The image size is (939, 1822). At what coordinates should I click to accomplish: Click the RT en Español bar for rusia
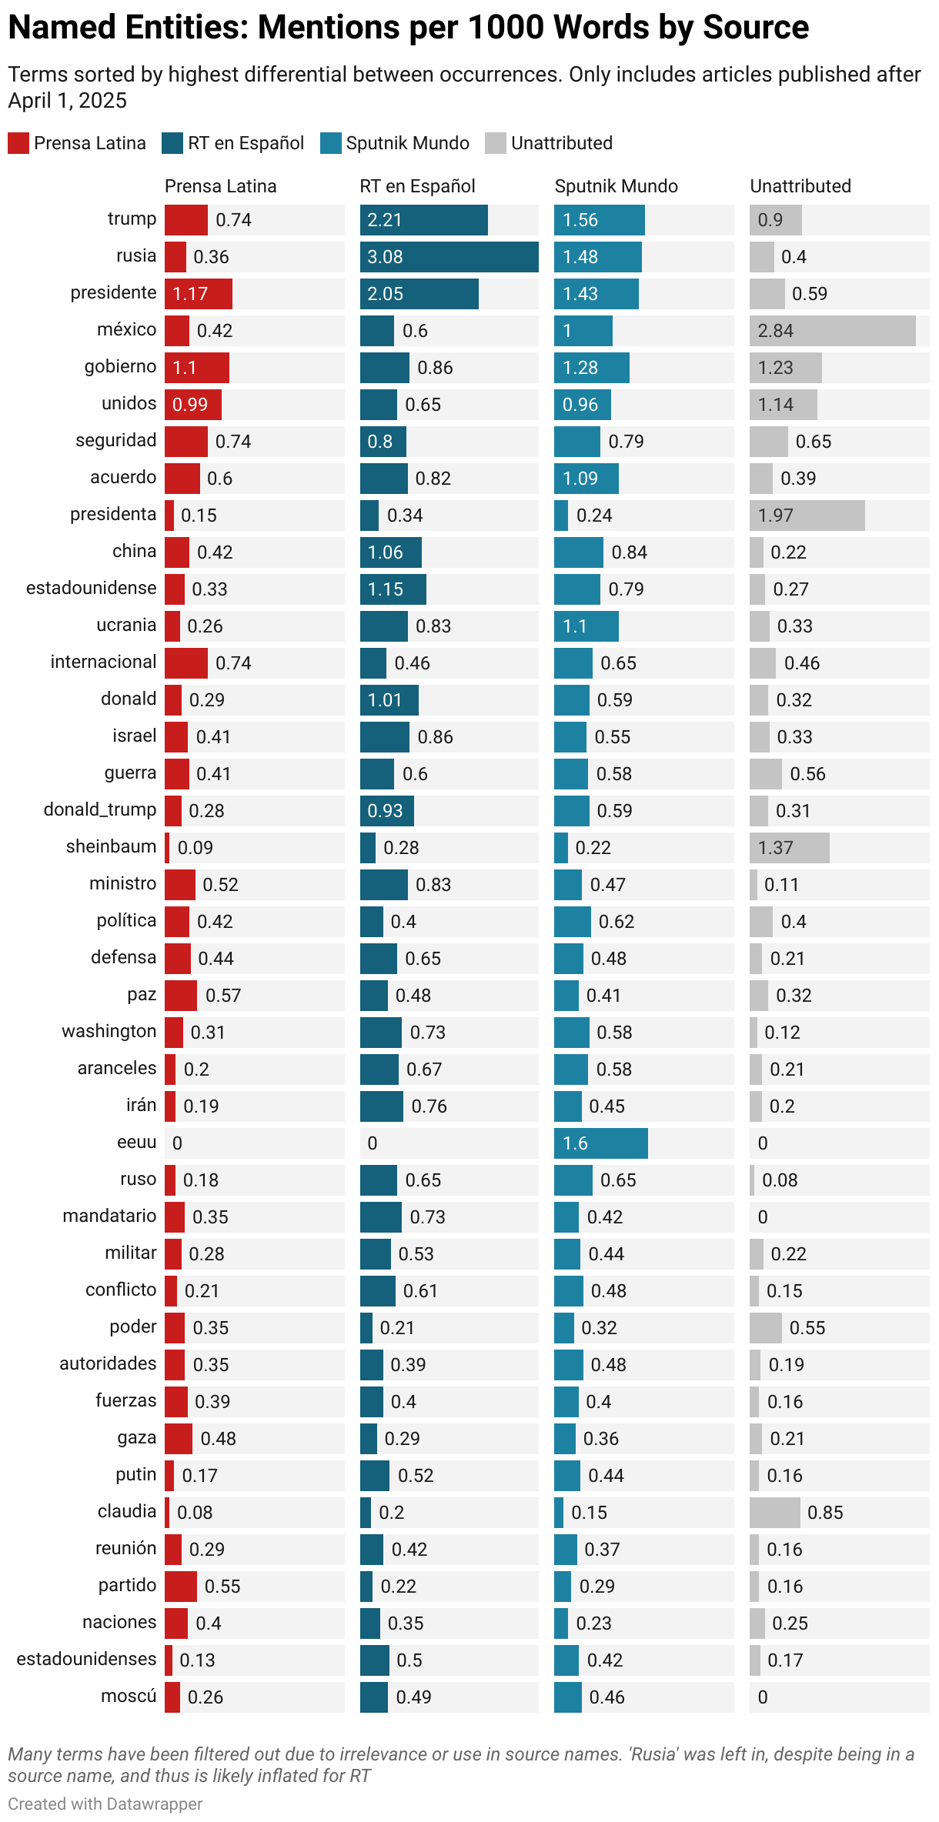coord(449,257)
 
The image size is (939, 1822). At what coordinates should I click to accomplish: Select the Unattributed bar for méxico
coord(832,331)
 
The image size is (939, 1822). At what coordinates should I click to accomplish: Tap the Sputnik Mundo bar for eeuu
coord(600,1143)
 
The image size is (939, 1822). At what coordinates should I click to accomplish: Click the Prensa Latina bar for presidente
coord(198,294)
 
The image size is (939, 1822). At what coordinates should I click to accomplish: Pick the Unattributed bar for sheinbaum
coord(789,848)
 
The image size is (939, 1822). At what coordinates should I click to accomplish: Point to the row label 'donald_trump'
coord(100,810)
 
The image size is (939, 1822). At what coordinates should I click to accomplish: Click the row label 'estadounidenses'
coord(86,1660)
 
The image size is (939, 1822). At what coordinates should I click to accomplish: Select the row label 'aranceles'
coord(116,1069)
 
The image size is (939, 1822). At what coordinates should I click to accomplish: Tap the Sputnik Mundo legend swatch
coord(330,143)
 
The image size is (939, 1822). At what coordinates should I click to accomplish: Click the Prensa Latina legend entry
coord(77,143)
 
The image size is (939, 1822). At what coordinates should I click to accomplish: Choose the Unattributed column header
coord(800,186)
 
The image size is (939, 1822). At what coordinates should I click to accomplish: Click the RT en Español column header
coord(417,186)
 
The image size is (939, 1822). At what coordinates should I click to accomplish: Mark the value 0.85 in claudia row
coord(824,1513)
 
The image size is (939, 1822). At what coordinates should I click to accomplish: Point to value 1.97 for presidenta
coord(775,516)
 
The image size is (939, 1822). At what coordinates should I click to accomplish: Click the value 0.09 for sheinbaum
coord(195,848)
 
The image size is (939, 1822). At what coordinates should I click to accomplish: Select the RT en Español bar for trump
coord(423,220)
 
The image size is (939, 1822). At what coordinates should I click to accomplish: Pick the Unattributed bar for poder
coord(765,1328)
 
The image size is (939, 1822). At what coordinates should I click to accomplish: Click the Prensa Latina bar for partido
coord(180,1587)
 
